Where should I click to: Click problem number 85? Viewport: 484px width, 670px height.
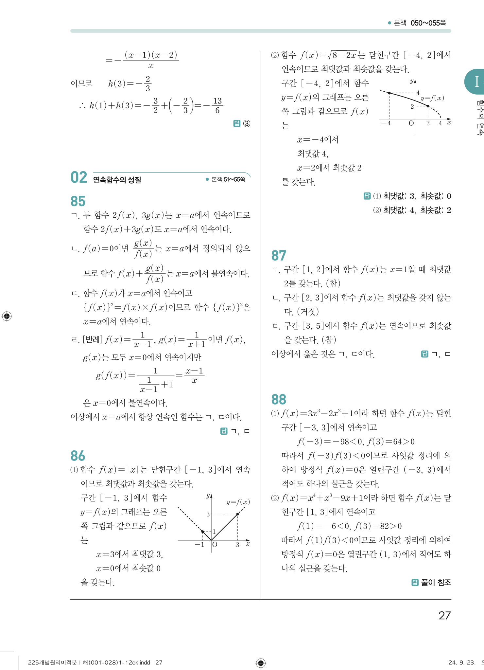click(78, 201)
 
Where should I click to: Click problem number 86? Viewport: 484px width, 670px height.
click(78, 456)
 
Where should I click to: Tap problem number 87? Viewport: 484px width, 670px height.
click(279, 256)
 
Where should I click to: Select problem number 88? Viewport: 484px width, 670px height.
click(279, 399)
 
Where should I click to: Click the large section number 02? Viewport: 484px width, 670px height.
click(79, 178)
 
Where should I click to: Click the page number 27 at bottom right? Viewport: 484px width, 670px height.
click(444, 616)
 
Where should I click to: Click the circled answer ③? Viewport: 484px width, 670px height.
click(247, 123)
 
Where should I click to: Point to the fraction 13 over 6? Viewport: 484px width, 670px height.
click(217, 105)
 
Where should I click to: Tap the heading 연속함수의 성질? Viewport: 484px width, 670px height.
click(117, 180)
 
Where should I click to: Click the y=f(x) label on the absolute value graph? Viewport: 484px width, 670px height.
click(238, 502)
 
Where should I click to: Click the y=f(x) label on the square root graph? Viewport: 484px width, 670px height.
click(432, 98)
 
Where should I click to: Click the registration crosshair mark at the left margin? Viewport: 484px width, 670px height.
click(7, 316)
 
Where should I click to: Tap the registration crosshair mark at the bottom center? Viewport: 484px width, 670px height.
click(261, 663)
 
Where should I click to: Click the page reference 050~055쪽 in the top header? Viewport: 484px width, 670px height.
click(428, 23)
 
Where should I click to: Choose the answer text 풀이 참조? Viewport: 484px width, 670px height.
click(436, 582)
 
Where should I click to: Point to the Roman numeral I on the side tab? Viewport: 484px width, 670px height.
click(477, 82)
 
